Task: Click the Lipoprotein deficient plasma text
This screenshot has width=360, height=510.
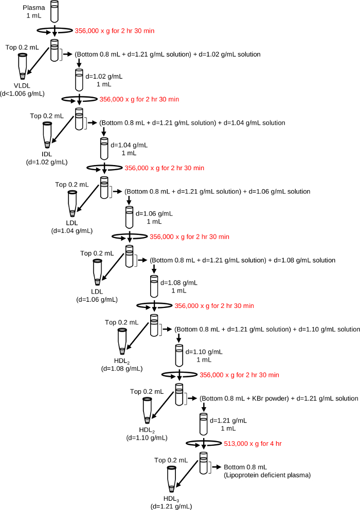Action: (267, 475)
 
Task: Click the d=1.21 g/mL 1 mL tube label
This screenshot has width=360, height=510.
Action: (226, 424)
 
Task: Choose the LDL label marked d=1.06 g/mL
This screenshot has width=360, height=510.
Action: (97, 296)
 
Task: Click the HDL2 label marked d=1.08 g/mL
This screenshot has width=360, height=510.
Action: (122, 365)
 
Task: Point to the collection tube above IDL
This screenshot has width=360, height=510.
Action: (47, 135)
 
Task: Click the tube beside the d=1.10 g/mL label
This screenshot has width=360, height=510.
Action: (179, 355)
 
